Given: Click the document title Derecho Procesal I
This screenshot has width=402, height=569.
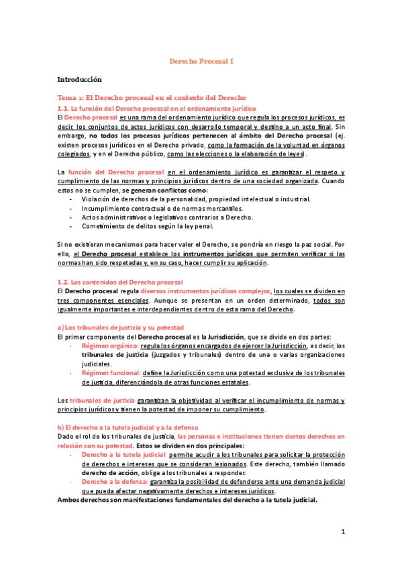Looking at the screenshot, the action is (200, 61).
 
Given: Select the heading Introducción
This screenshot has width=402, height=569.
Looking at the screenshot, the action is (79, 79).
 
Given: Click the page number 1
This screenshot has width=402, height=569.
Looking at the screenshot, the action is (342, 532).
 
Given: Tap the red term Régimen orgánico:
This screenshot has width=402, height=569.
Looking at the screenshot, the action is (106, 346).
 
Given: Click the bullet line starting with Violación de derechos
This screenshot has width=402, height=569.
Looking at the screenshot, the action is (196, 199).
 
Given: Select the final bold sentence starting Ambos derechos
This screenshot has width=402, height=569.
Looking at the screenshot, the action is (187, 500).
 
